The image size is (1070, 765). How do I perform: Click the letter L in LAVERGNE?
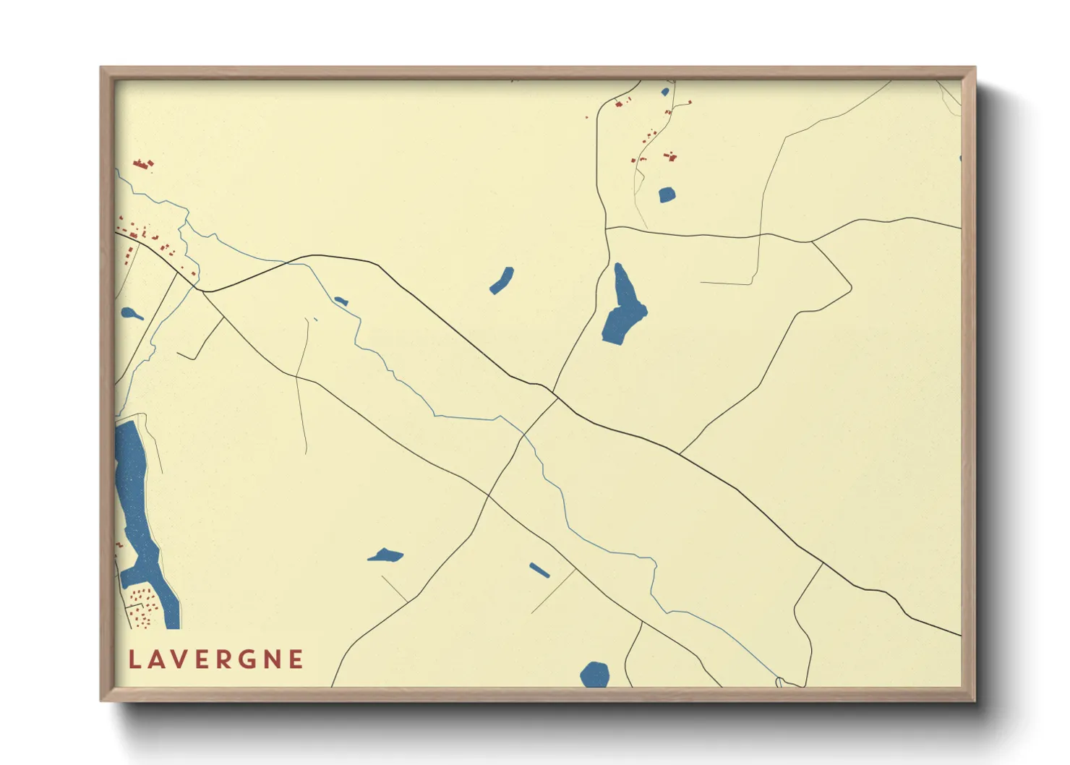point(134,659)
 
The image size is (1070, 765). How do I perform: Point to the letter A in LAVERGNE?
point(157,659)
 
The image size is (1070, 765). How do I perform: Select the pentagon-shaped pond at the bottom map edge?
point(595,674)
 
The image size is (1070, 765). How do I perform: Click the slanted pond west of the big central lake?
point(502,281)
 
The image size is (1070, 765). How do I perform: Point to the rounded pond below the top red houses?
point(667,195)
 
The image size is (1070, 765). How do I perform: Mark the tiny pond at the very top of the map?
point(665,92)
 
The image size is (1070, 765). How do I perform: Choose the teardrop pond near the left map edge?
point(130,314)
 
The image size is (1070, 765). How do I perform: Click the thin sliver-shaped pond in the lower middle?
point(539,570)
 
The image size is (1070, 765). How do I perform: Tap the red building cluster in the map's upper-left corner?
point(143,164)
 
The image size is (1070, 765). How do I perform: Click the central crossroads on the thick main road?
point(555,396)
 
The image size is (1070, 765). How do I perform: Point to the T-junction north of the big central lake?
point(606,228)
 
